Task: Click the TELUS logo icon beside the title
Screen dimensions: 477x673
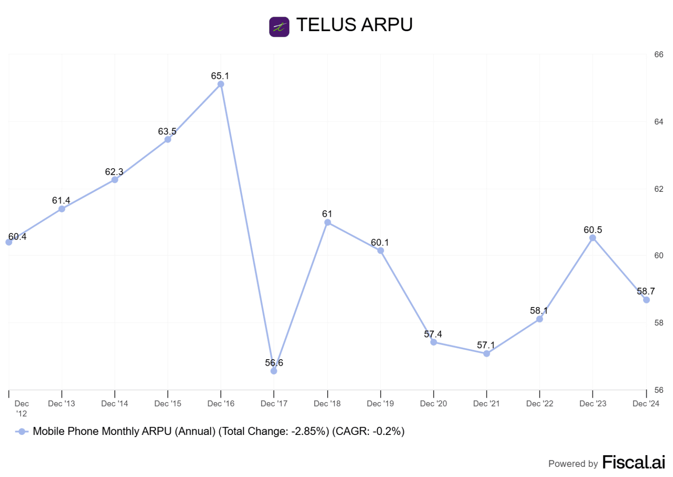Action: coord(279,27)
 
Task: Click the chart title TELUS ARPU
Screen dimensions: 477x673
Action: coord(354,25)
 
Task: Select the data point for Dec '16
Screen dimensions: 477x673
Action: coord(221,84)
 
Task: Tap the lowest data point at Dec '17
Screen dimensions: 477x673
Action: coord(274,371)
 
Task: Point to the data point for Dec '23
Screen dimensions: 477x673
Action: coord(593,238)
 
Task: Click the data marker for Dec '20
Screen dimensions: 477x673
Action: coord(434,342)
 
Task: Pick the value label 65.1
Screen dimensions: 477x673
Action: coord(220,76)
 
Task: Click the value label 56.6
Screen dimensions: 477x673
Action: coord(274,363)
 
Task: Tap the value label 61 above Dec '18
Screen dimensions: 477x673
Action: coord(327,214)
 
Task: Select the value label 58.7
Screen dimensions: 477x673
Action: coord(646,291)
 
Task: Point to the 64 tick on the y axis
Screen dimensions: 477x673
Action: coord(659,122)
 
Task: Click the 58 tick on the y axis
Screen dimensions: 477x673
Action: coord(659,323)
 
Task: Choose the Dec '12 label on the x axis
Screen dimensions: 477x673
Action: coord(21,408)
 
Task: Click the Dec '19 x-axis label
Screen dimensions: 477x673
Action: coord(380,403)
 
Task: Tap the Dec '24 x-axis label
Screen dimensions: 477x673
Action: coord(646,403)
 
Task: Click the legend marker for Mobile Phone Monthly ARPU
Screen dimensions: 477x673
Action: coord(21,431)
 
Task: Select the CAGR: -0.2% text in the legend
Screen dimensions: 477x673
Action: coord(368,431)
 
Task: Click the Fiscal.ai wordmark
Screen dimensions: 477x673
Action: coord(634,462)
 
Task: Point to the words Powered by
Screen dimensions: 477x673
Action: coord(573,464)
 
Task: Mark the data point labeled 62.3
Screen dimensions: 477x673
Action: coord(115,180)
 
